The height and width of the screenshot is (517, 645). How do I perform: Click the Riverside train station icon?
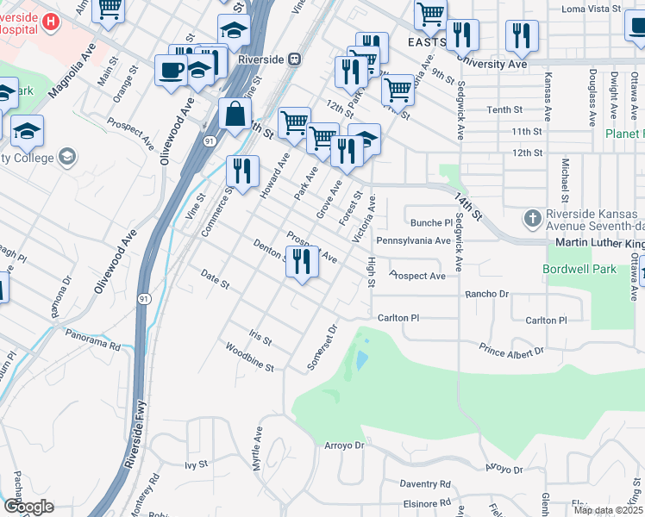click(295, 59)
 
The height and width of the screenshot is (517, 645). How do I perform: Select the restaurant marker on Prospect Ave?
click(301, 261)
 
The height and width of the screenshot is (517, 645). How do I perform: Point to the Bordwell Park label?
click(579, 269)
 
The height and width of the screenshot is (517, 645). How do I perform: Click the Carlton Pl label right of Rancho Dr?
click(547, 320)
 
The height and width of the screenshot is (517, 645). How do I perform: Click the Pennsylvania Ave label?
click(413, 240)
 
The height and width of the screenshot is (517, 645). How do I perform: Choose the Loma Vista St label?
click(592, 8)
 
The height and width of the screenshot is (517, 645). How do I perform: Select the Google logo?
click(28, 507)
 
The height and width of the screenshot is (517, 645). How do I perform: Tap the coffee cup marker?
click(171, 70)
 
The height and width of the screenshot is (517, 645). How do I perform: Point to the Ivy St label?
click(197, 464)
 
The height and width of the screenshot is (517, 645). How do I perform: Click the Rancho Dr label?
click(486, 294)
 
